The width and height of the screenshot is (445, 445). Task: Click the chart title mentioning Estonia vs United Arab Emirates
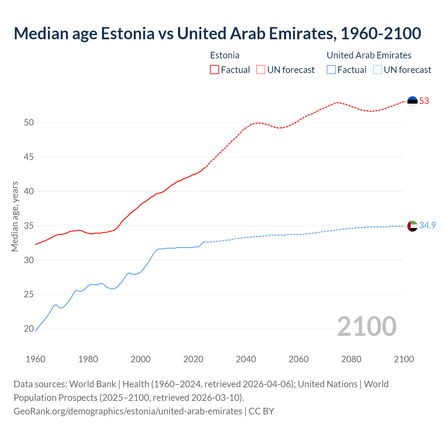click(217, 33)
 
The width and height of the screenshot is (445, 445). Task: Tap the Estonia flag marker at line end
click(412, 101)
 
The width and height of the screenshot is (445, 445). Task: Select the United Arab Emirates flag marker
click(412, 226)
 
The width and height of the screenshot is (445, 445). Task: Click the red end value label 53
click(424, 101)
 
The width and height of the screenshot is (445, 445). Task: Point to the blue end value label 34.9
click(427, 226)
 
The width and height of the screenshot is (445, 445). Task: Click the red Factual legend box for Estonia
click(215, 70)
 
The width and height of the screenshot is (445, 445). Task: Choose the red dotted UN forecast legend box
click(261, 70)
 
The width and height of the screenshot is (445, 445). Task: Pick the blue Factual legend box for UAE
click(331, 70)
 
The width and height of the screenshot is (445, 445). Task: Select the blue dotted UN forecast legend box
click(377, 70)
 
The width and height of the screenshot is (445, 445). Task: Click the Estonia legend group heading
click(225, 55)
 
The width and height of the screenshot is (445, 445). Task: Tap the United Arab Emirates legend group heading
click(369, 55)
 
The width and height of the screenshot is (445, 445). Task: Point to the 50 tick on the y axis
click(29, 122)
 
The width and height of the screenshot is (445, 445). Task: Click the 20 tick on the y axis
click(29, 329)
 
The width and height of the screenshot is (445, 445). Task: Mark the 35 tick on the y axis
click(29, 226)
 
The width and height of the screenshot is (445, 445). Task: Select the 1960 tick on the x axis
click(35, 359)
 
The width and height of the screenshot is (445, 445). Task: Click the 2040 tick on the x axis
click(246, 359)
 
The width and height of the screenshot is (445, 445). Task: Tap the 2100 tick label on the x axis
click(404, 359)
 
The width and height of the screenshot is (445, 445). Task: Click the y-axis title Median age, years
click(15, 216)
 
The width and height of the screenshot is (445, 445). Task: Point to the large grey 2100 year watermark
click(366, 326)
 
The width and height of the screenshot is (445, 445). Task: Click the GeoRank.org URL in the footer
click(128, 411)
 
